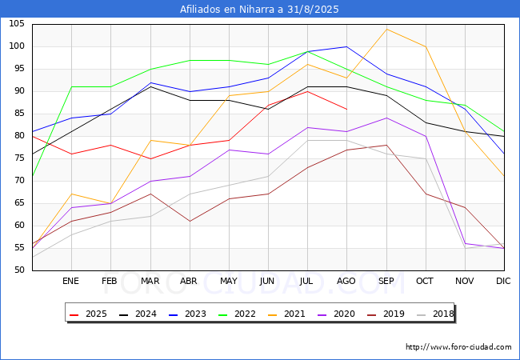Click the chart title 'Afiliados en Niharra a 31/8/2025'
(259, 10)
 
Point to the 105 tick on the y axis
(16, 24)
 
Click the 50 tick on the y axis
(18, 270)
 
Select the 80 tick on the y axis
(18, 136)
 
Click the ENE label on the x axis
(71, 282)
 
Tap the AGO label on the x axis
(346, 282)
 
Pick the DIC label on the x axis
(503, 282)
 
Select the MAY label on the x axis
(229, 282)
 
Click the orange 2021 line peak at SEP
(386, 29)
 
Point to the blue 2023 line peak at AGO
(346, 46)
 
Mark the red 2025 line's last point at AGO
(346, 109)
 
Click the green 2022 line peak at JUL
(307, 51)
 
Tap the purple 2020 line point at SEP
(386, 118)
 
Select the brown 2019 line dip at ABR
(190, 221)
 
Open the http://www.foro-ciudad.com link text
(458, 347)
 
